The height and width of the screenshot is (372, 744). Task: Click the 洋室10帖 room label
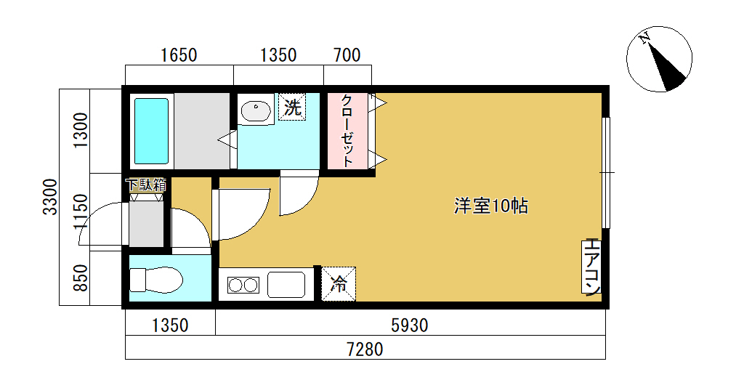point(491,206)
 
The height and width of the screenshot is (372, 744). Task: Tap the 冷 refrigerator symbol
point(339,284)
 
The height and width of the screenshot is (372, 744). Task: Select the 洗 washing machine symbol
point(292,108)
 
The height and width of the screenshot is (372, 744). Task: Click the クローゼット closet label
point(347,132)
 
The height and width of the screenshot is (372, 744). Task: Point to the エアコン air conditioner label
point(591,267)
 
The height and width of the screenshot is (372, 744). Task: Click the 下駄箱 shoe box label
point(145,185)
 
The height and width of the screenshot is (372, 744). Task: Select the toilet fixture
point(156,280)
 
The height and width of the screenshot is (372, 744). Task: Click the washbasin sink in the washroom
point(256,111)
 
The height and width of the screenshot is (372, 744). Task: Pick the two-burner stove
point(243,285)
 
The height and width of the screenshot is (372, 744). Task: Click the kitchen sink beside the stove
point(286,285)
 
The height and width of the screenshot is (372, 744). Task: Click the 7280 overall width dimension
point(365,350)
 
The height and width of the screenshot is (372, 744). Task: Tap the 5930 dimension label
point(410,325)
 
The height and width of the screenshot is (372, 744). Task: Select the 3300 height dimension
point(50,197)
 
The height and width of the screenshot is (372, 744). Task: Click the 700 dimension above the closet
point(347,55)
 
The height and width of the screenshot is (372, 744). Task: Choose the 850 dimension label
point(81,278)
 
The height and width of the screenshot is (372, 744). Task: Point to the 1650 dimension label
point(179,55)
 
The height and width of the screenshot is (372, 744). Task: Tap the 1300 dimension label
point(81,131)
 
